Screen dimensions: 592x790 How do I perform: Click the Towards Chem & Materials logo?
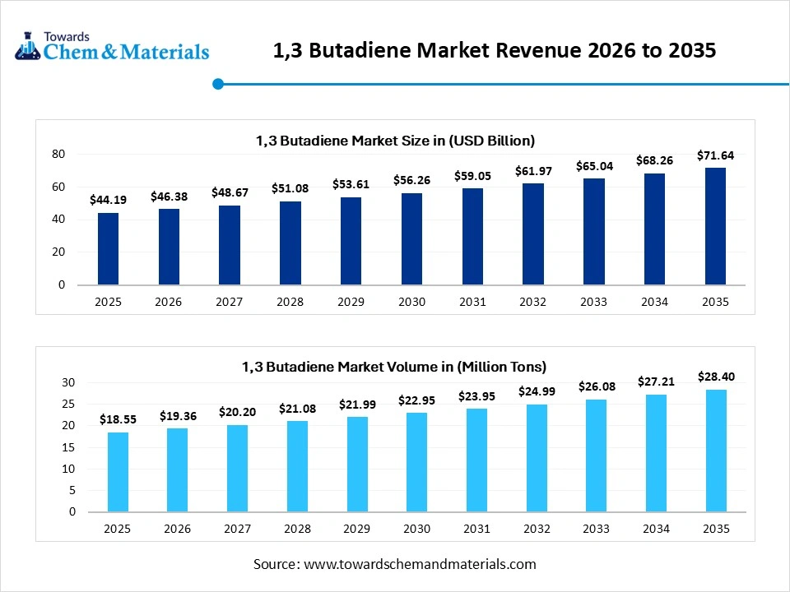112,47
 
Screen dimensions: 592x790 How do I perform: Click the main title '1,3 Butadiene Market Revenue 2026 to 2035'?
494,51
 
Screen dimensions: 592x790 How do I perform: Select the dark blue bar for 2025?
108,249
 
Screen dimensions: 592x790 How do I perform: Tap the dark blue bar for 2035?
715,226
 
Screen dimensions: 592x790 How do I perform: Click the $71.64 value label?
715,155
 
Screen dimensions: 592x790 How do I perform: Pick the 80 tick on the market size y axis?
58,154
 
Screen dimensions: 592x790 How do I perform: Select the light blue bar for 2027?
237,468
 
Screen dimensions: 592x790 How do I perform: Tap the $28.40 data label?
716,377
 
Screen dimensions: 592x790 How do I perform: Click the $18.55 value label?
118,419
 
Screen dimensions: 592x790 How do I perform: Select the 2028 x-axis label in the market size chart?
290,302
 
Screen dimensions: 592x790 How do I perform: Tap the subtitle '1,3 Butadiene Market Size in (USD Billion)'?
395,141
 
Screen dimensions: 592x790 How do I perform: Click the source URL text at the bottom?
395,564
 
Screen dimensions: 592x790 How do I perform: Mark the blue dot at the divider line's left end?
218,84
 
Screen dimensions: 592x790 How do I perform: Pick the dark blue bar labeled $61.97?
533,234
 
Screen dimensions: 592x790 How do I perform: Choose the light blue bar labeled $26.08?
595,456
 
